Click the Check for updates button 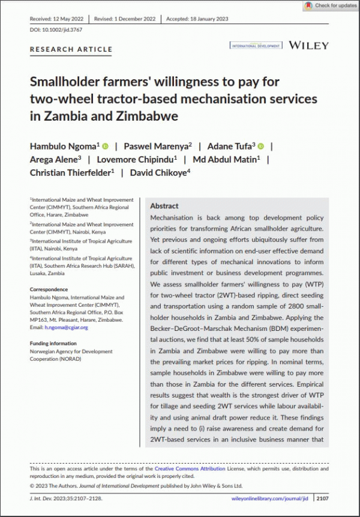tap(331, 5)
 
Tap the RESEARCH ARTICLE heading tap(71, 49)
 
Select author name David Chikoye tap(158, 172)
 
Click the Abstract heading tap(164, 205)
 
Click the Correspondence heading tap(49, 289)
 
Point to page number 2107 tap(322, 498)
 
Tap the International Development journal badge tap(256, 46)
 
